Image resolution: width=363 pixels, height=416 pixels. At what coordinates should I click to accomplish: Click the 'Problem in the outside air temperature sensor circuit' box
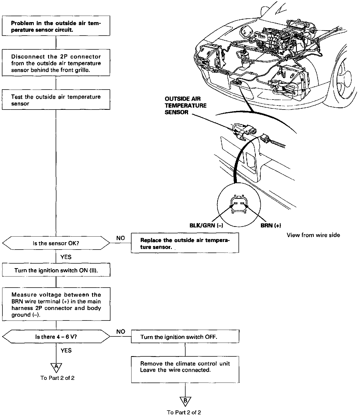[56, 26]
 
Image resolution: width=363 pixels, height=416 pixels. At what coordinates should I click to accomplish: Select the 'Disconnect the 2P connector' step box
[56, 63]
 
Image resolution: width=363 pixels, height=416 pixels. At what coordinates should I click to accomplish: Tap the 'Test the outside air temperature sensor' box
[56, 100]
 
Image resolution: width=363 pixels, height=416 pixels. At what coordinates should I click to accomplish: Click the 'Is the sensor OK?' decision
[56, 243]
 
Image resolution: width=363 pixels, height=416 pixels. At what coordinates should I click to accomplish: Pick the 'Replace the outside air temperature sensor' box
[185, 243]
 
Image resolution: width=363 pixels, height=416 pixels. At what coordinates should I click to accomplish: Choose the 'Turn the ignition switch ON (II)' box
[56, 270]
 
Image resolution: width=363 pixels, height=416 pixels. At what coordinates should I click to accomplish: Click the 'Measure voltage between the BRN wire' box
[56, 304]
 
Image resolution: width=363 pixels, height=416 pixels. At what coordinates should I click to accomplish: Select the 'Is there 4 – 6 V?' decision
[56, 337]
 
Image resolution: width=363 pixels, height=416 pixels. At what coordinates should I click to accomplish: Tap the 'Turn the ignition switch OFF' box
[185, 337]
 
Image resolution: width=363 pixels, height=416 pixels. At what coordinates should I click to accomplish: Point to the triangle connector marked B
[185, 401]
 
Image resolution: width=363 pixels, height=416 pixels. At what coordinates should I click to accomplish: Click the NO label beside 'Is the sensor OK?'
[121, 238]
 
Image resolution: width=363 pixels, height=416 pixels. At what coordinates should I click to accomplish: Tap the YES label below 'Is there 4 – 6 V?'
[66, 350]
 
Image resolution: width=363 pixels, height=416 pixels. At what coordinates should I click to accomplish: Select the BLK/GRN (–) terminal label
[206, 226]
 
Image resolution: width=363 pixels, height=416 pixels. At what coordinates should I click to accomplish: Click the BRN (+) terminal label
[271, 226]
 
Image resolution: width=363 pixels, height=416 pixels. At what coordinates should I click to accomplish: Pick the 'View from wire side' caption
[313, 235]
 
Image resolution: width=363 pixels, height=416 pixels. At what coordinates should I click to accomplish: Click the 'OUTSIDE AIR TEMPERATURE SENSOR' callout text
[186, 105]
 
